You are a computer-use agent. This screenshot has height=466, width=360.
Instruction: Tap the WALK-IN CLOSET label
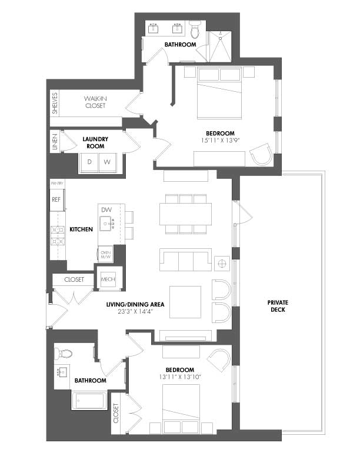pos(94,102)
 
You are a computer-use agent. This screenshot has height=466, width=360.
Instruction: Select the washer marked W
pos(107,161)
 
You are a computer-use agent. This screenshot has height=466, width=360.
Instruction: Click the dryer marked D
pos(89,161)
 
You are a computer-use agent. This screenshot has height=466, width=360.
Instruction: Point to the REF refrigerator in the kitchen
pos(56,199)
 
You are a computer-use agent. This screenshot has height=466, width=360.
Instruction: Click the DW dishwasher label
pos(106,210)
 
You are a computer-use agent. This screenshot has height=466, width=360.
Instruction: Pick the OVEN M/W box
pos(106,254)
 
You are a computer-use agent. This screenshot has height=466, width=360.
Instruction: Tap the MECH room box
pos(108,279)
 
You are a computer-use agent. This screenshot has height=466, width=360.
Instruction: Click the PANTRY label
pos(57,184)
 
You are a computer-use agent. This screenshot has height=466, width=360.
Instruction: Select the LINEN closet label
pos(55,142)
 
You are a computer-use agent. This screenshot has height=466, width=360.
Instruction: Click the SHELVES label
pos(55,103)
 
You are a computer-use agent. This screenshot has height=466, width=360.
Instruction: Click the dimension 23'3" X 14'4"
pos(135,312)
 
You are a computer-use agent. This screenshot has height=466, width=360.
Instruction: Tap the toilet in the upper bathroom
pos(196,28)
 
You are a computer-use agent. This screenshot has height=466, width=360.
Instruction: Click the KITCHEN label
pos(81,229)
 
